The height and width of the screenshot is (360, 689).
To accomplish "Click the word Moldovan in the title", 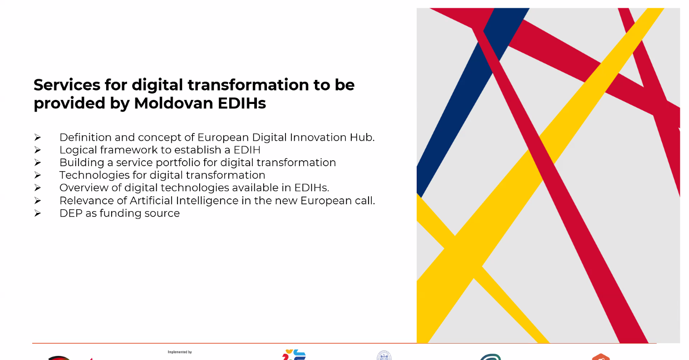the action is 173,103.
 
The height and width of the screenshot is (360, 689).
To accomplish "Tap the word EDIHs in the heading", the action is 242,103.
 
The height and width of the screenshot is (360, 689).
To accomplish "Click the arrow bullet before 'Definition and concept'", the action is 38,137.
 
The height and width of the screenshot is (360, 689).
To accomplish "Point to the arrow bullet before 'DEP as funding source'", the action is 38,213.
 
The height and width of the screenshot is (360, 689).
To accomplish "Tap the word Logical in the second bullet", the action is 78,150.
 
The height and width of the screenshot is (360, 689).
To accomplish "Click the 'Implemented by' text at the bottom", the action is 180,352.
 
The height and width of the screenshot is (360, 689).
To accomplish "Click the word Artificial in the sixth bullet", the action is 151,201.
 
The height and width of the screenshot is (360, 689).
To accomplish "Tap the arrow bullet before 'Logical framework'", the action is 38,150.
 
